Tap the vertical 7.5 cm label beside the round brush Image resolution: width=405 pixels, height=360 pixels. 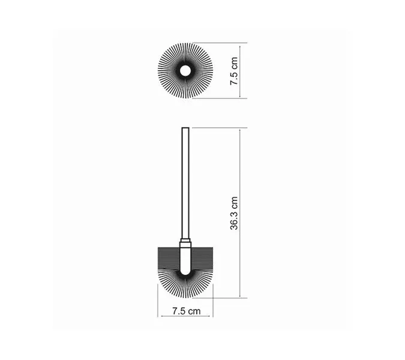[x=235, y=70]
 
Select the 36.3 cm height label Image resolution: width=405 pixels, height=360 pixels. [x=235, y=213]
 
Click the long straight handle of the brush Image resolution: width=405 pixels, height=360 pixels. [x=185, y=180]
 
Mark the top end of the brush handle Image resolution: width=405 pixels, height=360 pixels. [x=185, y=129]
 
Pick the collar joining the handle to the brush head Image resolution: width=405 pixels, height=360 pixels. [x=185, y=244]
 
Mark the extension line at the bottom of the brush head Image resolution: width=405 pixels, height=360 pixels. [x=228, y=297]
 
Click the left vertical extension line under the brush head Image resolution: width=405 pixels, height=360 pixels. [x=159, y=309]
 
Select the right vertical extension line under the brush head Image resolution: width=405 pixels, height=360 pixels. [x=211, y=309]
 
